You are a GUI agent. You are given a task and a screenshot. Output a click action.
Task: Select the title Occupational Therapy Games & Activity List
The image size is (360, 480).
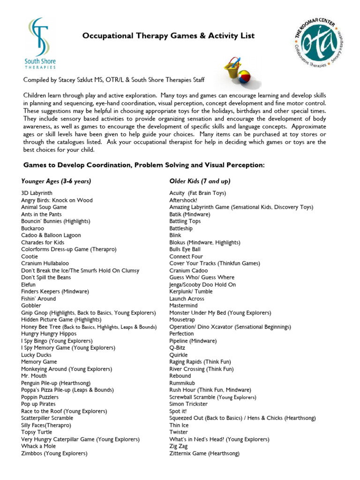tap(169, 36)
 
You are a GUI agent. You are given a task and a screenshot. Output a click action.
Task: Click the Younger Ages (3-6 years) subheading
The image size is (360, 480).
tap(56, 181)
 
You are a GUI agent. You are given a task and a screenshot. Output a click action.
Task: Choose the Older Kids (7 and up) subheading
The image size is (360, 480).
tap(200, 181)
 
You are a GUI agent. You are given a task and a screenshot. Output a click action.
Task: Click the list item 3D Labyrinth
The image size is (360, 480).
tap(37, 193)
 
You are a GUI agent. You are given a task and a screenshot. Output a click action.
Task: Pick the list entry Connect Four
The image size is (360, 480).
tap(186, 256)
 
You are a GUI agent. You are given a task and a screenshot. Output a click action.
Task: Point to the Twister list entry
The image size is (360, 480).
tap(179, 432)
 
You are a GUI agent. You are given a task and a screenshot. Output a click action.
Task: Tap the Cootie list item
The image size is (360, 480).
tap(30, 256)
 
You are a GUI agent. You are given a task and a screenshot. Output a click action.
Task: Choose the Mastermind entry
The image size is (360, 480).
tap(183, 306)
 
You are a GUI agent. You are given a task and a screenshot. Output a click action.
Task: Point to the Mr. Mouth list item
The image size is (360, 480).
tap(35, 376)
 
